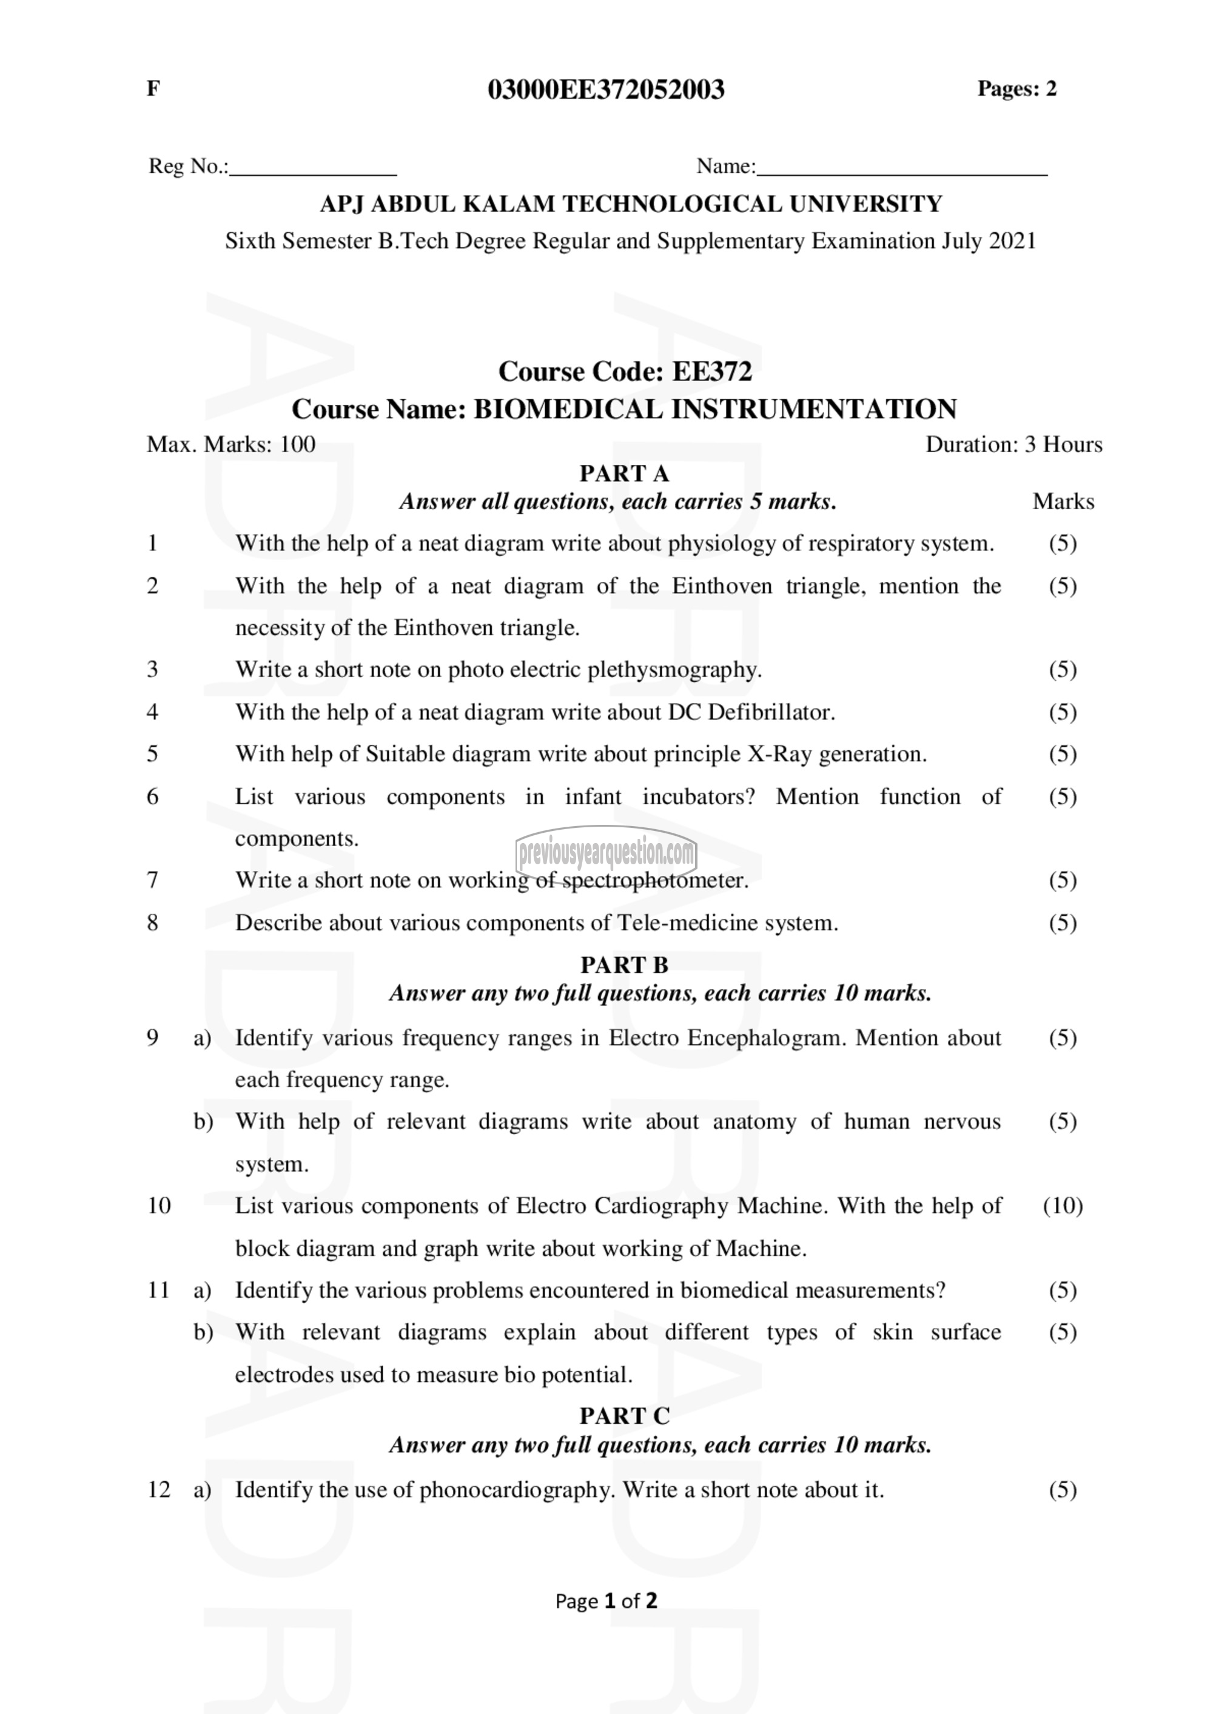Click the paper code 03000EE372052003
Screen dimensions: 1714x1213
(x=606, y=90)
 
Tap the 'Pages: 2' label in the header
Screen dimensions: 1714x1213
(x=1016, y=89)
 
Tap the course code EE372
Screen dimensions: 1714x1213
(x=712, y=371)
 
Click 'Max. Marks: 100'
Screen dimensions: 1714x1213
(x=231, y=444)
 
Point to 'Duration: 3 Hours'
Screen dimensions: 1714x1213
(x=1013, y=444)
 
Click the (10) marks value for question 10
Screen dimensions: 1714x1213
(x=1062, y=1205)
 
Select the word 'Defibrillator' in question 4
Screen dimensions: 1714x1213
(x=770, y=712)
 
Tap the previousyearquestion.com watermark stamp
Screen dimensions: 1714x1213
(x=606, y=852)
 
